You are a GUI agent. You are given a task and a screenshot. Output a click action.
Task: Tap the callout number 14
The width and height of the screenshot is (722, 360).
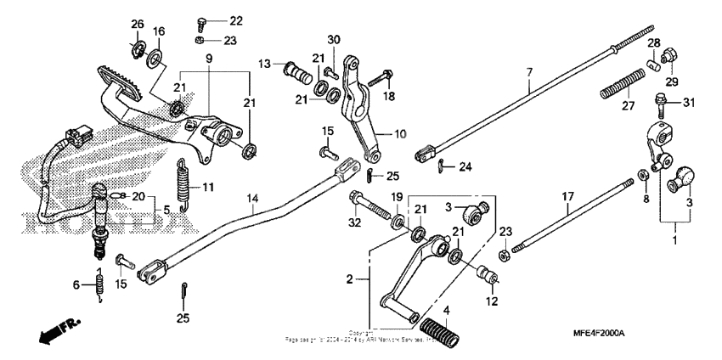point(252,199)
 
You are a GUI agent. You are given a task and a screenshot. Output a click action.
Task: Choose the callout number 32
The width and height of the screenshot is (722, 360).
point(355,223)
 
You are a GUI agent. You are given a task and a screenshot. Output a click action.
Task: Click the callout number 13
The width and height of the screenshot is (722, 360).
point(265,64)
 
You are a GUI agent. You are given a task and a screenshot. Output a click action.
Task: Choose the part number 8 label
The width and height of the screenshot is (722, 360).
point(645,199)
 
